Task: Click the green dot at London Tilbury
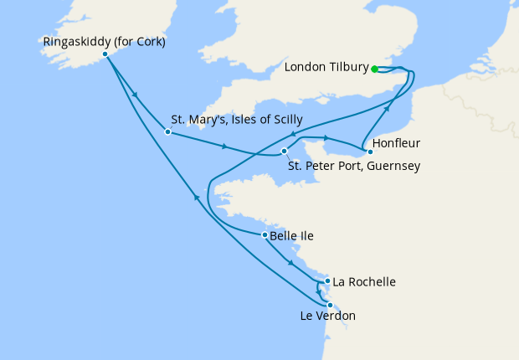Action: click(375, 69)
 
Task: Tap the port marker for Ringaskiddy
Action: click(105, 54)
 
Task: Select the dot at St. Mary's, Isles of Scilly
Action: click(168, 131)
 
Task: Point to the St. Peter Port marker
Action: click(285, 152)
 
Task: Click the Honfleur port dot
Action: click(370, 152)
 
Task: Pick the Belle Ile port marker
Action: click(265, 235)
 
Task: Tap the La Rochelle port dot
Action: click(326, 281)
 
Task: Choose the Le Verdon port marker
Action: click(330, 305)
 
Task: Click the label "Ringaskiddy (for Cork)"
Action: click(105, 40)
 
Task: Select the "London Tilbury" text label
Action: click(326, 68)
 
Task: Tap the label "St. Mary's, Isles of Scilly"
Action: click(236, 120)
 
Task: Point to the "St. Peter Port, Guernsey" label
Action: click(353, 166)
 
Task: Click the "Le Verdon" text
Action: click(327, 316)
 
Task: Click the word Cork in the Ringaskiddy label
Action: click(147, 40)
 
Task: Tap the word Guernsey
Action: click(393, 166)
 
